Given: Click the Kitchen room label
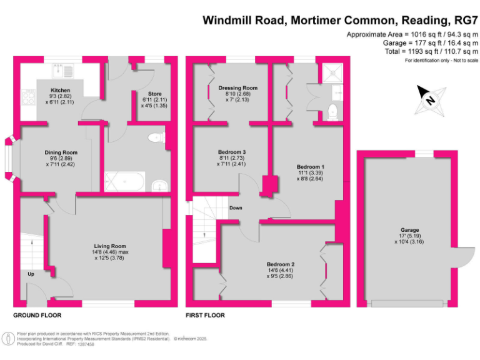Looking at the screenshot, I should [61, 91].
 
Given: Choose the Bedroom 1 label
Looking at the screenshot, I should [311, 167].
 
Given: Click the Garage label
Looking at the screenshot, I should [410, 230].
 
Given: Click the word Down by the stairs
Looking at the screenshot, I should [236, 208].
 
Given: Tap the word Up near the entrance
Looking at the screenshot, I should [30, 274].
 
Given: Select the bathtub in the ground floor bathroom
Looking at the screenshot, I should [124, 182].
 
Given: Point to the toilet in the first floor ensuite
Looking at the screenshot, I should [333, 112].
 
